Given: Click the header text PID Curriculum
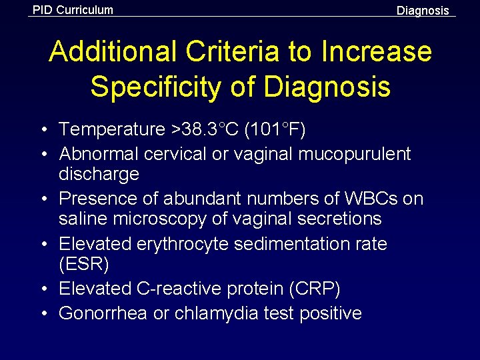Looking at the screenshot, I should (73, 10).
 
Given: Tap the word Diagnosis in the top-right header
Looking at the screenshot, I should (423, 11).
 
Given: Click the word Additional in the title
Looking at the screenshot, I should (112, 52).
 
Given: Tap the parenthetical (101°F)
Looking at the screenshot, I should (275, 129).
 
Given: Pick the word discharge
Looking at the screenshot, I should (99, 175).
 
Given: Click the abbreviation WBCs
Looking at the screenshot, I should (362, 199).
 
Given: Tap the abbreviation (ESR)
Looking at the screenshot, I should (84, 264).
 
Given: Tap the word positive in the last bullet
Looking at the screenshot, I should (331, 313).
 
